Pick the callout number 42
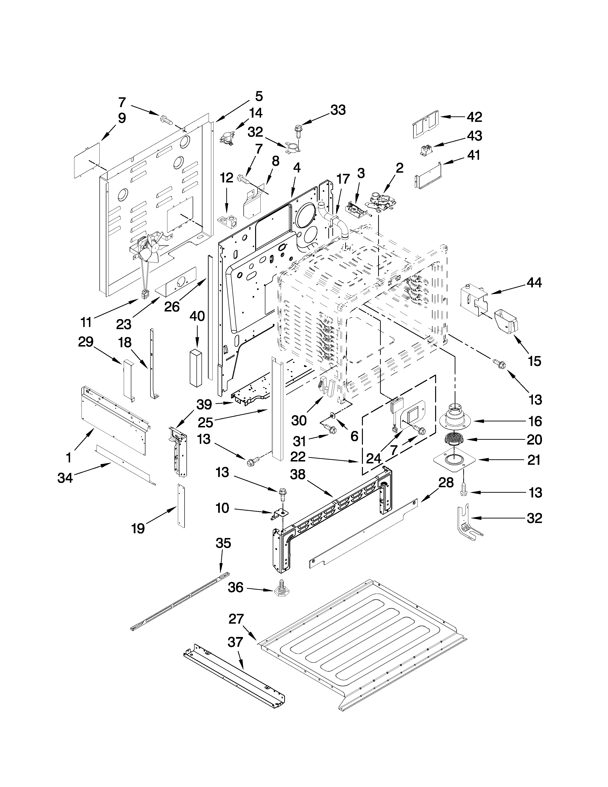coord(474,117)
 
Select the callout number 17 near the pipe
coord(343,178)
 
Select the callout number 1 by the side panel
coord(68,458)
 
